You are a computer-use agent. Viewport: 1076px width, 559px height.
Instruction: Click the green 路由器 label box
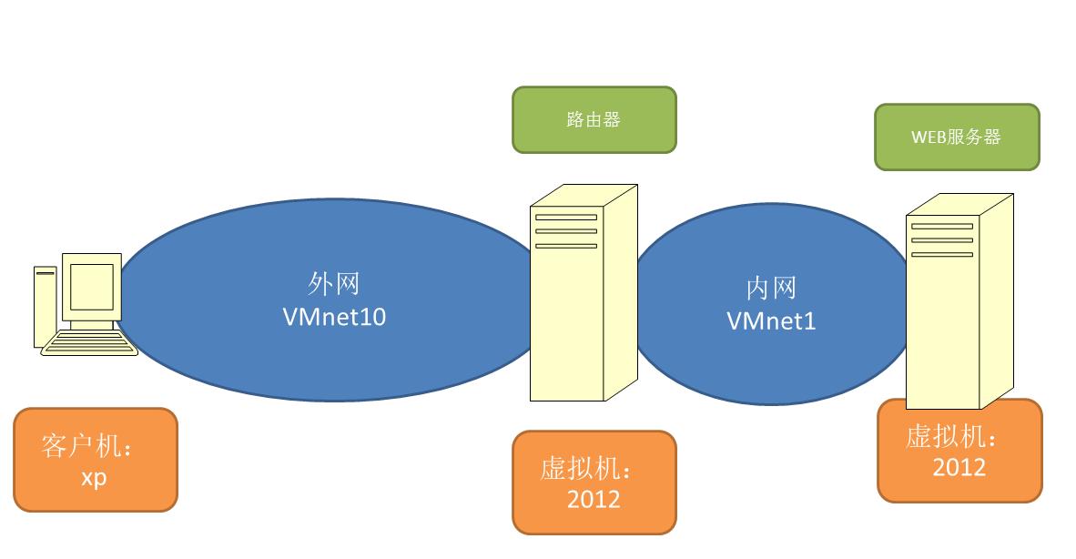pyautogui.click(x=594, y=119)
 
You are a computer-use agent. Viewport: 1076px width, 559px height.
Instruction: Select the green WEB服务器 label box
pyautogui.click(x=956, y=137)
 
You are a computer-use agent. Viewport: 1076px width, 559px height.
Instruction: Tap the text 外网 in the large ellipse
pyautogui.click(x=334, y=284)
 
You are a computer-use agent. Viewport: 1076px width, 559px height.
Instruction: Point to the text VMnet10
pyautogui.click(x=334, y=317)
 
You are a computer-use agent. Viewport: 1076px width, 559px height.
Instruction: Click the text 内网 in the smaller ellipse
pyautogui.click(x=771, y=289)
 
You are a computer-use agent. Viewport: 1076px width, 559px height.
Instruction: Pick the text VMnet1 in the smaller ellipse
pyautogui.click(x=771, y=321)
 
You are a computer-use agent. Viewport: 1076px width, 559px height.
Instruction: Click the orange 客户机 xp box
pyautogui.click(x=95, y=459)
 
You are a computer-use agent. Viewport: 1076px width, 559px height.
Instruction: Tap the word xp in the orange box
pyautogui.click(x=94, y=476)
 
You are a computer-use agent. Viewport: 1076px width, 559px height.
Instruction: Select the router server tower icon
pyautogui.click(x=583, y=291)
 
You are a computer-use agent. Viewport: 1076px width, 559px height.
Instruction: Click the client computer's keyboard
pyautogui.click(x=89, y=343)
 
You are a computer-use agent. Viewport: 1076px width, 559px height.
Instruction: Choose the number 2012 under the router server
pyautogui.click(x=593, y=499)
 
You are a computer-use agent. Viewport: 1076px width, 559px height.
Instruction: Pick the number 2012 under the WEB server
pyautogui.click(x=959, y=467)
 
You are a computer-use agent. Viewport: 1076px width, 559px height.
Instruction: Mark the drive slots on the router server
pyautogui.click(x=565, y=231)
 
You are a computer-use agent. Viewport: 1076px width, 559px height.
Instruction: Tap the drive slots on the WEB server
pyautogui.click(x=941, y=239)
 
